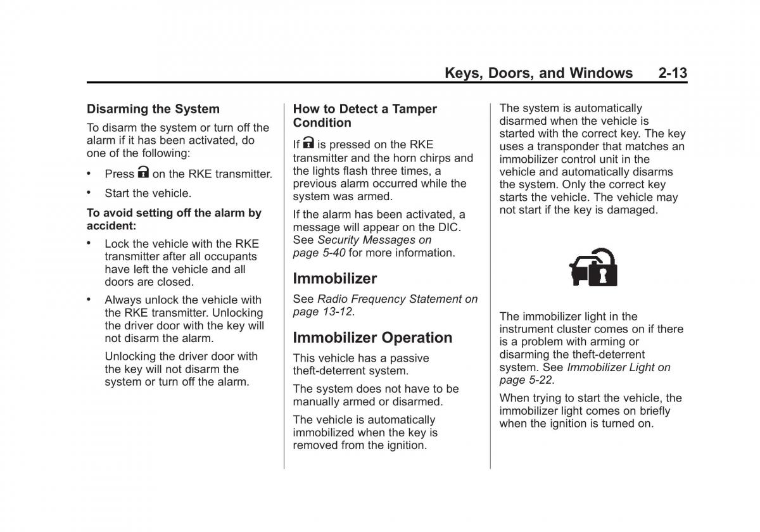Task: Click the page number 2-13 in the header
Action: (x=672, y=73)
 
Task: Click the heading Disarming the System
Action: (x=153, y=109)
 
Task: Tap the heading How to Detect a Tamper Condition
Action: (x=365, y=116)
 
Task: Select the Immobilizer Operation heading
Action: (x=372, y=338)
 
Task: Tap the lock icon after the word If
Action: (x=308, y=143)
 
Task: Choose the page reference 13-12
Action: (x=336, y=312)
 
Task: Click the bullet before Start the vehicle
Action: (x=90, y=193)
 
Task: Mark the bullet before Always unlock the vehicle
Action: (x=90, y=299)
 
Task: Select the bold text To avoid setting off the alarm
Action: (x=174, y=219)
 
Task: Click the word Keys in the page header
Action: (x=464, y=73)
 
